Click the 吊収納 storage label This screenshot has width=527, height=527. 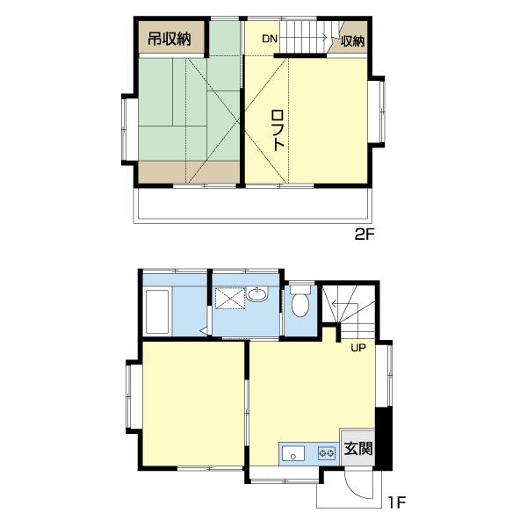[170, 39]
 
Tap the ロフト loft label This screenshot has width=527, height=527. [278, 130]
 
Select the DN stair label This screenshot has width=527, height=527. [270, 39]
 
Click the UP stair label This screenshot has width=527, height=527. [358, 348]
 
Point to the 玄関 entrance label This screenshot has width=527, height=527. [358, 448]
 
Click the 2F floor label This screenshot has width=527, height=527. [365, 235]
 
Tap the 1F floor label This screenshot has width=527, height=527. [397, 502]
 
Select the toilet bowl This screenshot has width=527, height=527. [300, 301]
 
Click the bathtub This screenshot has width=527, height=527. [157, 312]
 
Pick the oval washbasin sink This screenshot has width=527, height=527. [257, 294]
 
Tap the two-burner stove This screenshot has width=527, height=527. [327, 453]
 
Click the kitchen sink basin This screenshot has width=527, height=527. [293, 454]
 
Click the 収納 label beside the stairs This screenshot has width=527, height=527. [352, 41]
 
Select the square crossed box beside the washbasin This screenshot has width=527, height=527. [230, 299]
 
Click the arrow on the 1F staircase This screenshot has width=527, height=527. [345, 304]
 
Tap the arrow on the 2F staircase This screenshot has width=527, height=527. [304, 37]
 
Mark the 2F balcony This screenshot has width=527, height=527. [253, 205]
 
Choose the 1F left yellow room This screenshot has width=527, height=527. [193, 404]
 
